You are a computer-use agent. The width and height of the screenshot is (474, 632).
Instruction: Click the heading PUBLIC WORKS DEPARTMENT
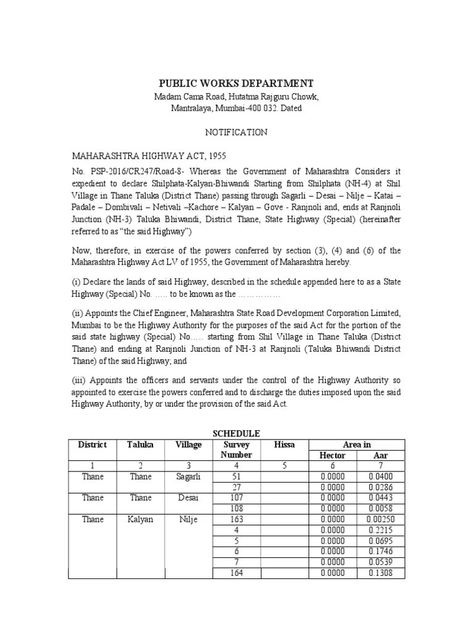[x=236, y=83]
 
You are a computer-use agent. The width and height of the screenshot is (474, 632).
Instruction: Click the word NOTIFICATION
[x=236, y=132]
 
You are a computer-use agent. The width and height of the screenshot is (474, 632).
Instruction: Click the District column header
[x=93, y=444]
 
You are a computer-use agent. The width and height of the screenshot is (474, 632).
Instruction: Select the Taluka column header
[x=141, y=444]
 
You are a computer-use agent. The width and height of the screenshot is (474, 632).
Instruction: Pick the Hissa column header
[x=285, y=444]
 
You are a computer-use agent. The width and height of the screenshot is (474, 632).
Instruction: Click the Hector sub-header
[x=333, y=455]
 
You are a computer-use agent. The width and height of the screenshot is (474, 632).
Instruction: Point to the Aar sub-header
[x=381, y=455]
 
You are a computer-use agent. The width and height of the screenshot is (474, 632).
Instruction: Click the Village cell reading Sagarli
[x=188, y=476]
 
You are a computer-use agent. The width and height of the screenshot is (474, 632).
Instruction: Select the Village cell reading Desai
[x=188, y=497]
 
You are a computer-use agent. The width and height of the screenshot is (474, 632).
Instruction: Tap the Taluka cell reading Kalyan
[x=141, y=520]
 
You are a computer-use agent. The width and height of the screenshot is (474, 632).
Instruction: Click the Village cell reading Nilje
[x=188, y=520]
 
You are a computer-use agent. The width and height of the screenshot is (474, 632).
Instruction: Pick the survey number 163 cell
[x=236, y=520]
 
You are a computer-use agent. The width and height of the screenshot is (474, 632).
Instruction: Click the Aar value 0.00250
[x=381, y=520]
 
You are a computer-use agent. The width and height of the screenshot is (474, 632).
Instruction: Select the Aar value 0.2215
[x=381, y=530]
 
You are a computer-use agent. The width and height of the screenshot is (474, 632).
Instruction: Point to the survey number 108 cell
[x=236, y=509]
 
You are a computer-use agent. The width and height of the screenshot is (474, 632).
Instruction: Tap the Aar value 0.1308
[x=381, y=573]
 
